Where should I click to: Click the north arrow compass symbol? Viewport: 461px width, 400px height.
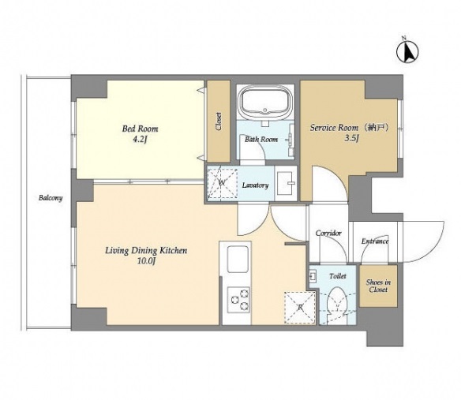[407, 52]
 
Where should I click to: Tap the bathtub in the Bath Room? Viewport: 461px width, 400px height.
[266, 103]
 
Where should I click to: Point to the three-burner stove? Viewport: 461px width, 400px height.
[239, 300]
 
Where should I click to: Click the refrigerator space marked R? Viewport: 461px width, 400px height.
[300, 308]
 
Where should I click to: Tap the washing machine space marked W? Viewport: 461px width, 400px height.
[222, 183]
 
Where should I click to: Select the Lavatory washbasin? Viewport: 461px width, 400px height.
[286, 183]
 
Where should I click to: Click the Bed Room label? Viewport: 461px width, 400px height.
[140, 129]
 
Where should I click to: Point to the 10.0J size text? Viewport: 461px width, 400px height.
[146, 261]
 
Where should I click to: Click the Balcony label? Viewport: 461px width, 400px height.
[51, 198]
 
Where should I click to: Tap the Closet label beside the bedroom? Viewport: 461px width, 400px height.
[219, 121]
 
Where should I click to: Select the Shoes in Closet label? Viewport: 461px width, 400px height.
[378, 286]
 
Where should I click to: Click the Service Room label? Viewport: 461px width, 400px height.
[334, 128]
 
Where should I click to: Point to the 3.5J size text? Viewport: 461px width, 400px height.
[351, 138]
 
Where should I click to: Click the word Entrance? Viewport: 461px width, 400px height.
[375, 241]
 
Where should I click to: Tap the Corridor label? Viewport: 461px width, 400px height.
[328, 233]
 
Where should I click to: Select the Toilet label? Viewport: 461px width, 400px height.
[338, 276]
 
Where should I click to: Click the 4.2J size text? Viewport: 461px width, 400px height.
[140, 139]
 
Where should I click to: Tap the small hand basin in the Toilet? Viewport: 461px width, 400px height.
[313, 276]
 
